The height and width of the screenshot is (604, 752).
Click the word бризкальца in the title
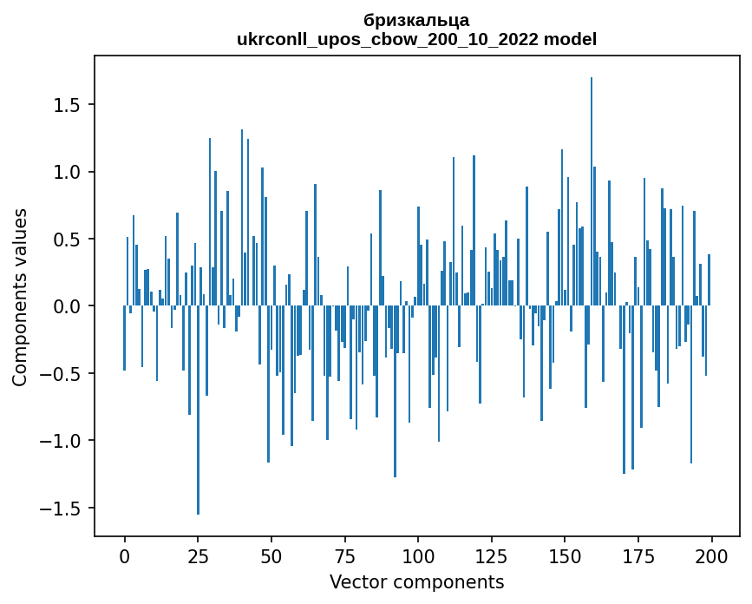click(416, 20)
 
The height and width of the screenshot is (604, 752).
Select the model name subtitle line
click(416, 39)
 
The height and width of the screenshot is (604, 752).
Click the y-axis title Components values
click(20, 297)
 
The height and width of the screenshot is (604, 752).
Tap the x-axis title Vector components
click(416, 581)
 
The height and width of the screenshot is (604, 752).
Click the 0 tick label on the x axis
click(124, 555)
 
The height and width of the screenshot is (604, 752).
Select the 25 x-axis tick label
click(198, 555)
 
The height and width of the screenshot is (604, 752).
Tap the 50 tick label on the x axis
click(271, 555)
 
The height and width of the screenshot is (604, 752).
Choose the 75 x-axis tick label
click(344, 555)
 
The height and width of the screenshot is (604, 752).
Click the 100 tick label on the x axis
click(418, 555)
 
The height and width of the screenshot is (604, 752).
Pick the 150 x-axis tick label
click(565, 555)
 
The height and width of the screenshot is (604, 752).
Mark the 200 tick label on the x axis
click(711, 555)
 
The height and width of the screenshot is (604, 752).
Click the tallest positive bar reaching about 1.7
click(592, 191)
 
